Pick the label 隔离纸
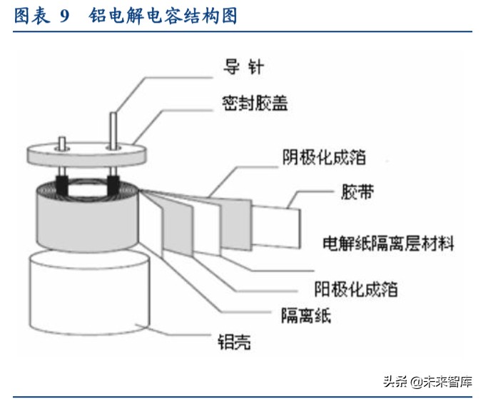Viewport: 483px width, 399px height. click(x=306, y=314)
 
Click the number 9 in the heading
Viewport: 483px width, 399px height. click(x=64, y=16)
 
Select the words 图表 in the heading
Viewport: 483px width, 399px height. click(x=32, y=16)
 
